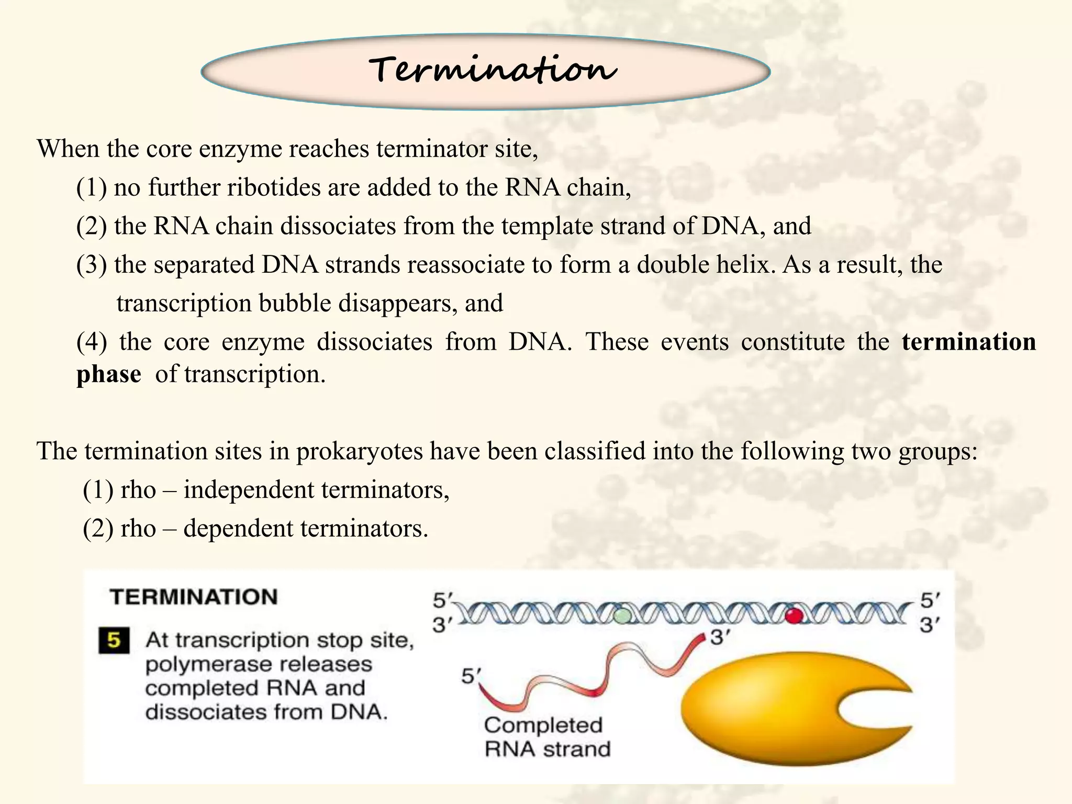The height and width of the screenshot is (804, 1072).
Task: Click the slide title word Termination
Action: tap(492, 70)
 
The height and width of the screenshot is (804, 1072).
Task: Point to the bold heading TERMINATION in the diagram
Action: tap(194, 597)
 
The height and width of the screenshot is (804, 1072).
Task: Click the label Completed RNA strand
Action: tap(546, 737)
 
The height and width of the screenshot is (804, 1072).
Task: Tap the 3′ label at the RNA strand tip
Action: tap(720, 638)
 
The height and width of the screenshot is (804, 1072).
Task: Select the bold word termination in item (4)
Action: tap(968, 342)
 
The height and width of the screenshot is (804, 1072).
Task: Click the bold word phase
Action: tap(108, 374)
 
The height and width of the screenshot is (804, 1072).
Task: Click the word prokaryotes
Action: tap(359, 451)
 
